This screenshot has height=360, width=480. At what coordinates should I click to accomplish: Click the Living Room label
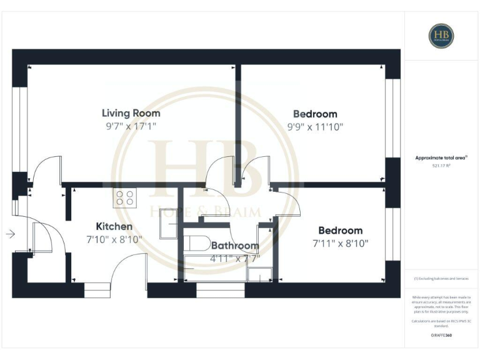(x=131, y=113)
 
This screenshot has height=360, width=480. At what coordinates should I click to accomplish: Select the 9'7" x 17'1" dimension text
(x=131, y=126)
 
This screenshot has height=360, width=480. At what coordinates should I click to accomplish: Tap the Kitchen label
(x=114, y=226)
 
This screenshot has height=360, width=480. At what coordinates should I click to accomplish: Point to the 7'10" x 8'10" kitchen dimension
(x=114, y=239)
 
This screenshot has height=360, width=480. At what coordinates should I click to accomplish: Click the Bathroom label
(x=234, y=246)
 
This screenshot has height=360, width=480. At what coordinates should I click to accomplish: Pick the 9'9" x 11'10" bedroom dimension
(x=315, y=126)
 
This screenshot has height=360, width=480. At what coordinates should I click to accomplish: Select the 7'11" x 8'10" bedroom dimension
(x=340, y=242)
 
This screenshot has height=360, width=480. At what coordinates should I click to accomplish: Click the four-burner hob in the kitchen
(x=125, y=198)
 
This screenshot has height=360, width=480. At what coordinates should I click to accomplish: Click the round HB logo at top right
(x=441, y=35)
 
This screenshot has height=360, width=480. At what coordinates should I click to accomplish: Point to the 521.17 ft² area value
(x=441, y=166)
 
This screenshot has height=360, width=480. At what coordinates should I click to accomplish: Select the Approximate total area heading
(x=441, y=158)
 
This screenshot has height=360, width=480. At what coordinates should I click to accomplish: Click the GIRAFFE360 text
(x=441, y=336)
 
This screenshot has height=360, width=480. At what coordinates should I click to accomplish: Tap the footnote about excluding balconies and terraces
(x=441, y=278)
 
